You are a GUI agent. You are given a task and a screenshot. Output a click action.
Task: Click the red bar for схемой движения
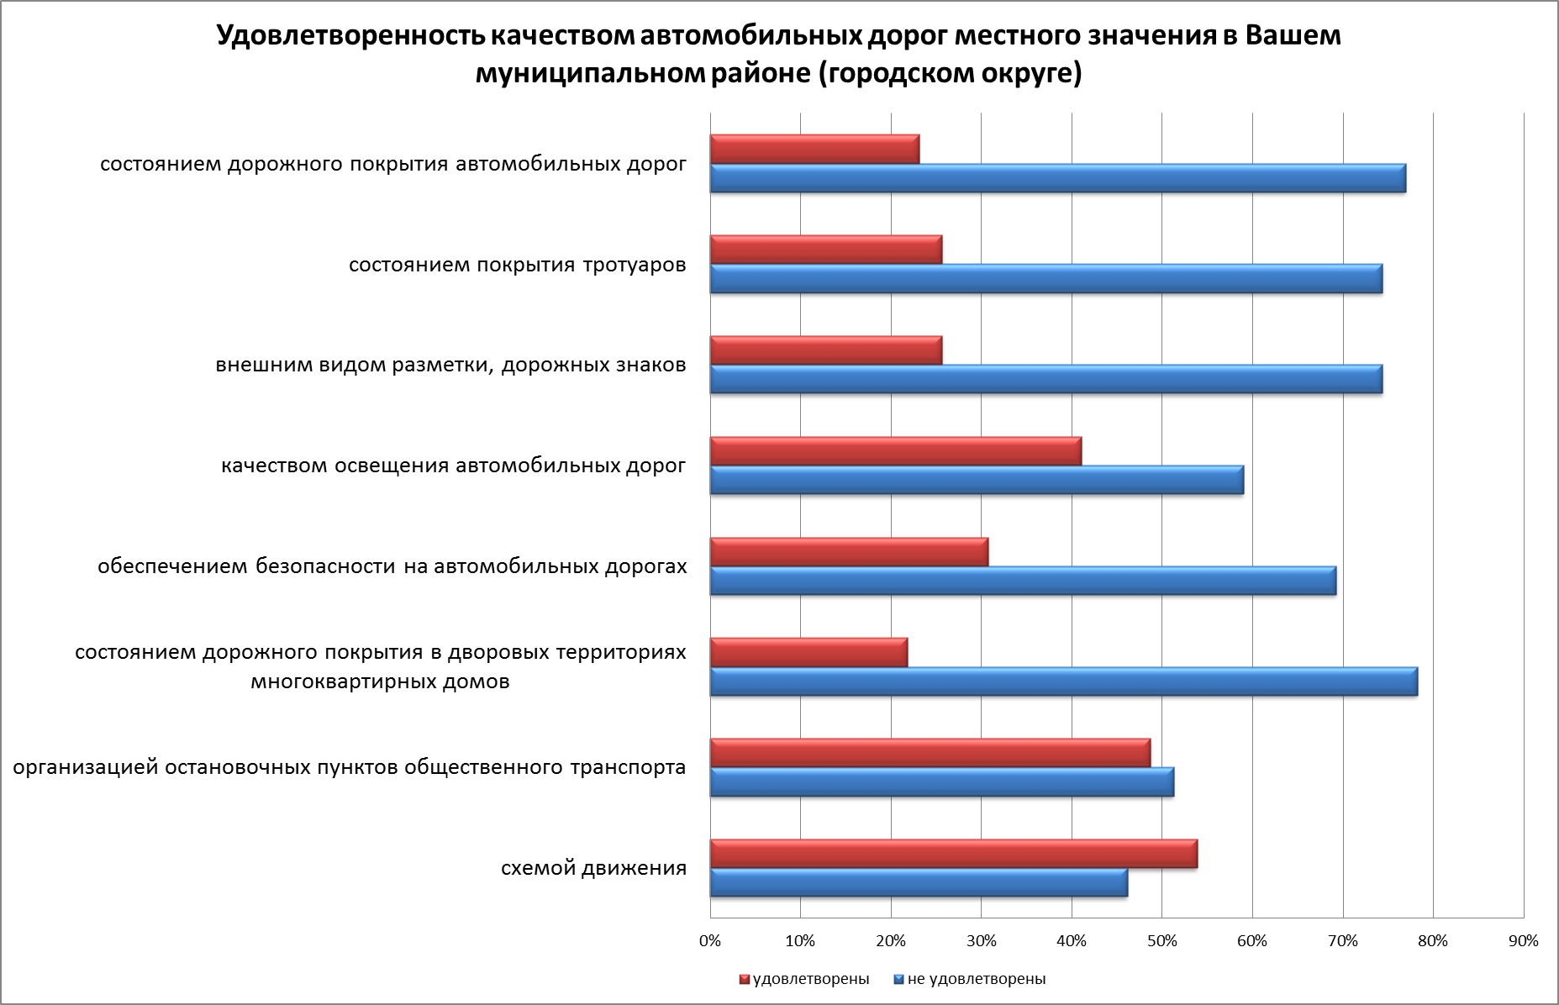point(953,854)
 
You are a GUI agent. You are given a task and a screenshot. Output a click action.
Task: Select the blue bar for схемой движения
point(919,883)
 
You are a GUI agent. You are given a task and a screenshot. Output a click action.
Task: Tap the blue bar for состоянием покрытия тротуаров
point(1045,279)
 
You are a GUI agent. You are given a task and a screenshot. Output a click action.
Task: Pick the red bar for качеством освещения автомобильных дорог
point(895,451)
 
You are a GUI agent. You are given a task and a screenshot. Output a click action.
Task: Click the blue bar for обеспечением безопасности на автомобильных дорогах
point(1023,581)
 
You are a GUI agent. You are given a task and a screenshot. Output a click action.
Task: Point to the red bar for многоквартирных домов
point(808,652)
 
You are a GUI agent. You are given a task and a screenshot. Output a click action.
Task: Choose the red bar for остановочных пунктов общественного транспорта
point(930,753)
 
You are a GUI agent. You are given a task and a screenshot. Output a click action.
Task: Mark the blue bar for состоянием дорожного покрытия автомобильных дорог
point(1057,178)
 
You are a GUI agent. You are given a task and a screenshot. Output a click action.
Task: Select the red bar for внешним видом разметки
point(825,350)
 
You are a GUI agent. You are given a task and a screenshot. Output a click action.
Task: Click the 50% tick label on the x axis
point(1161,941)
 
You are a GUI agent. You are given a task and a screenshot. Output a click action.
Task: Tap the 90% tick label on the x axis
point(1523,941)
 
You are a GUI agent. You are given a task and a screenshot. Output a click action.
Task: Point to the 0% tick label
point(710,941)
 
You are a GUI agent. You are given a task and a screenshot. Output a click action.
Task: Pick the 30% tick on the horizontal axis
point(981,941)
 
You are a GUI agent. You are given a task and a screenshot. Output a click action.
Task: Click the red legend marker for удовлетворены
point(744,979)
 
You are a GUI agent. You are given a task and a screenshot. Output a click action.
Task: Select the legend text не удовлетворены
point(977,979)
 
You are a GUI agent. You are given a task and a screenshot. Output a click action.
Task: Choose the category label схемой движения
point(593,868)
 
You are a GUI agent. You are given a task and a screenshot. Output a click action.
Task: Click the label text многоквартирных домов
point(380,681)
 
